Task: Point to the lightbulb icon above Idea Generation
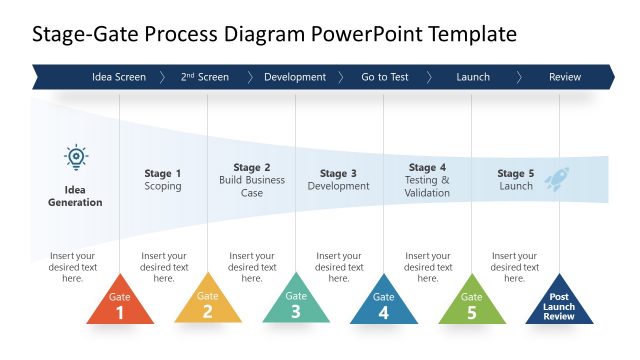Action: point(76,157)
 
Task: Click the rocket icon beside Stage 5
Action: point(557,178)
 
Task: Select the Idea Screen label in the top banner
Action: point(118,77)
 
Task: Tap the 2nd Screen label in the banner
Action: point(205,77)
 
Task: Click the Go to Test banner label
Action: point(383,77)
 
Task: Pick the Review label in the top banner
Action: point(564,77)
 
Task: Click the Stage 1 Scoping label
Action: point(163,180)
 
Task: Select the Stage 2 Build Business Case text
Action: point(252,180)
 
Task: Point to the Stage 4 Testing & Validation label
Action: point(427,180)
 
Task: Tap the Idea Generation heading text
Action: point(75,196)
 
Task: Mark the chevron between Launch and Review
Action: point(519,77)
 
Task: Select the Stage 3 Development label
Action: point(338,180)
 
